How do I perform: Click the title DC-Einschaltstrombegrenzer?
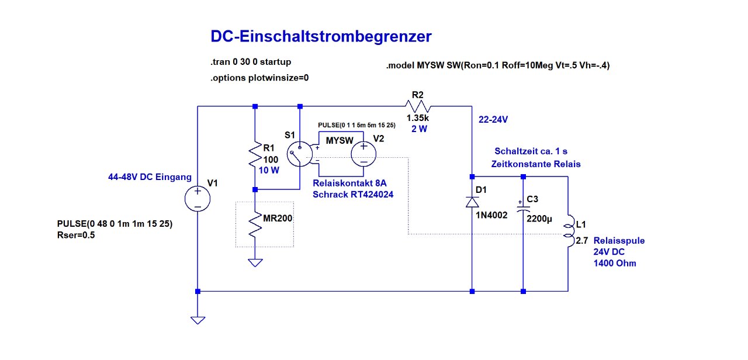pyautogui.click(x=321, y=37)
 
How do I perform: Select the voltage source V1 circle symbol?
pyautogui.click(x=198, y=199)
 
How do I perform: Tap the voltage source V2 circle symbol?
pyautogui.click(x=363, y=154)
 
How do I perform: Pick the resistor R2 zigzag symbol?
pyautogui.click(x=419, y=106)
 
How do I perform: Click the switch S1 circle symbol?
pyautogui.click(x=300, y=155)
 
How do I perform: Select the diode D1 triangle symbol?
pyautogui.click(x=472, y=202)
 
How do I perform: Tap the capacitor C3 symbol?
pyautogui.click(x=523, y=207)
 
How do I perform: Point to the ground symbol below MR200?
pyautogui.click(x=255, y=262)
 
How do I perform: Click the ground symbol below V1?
pyautogui.click(x=198, y=320)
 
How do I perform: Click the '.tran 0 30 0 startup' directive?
pyautogui.click(x=251, y=61)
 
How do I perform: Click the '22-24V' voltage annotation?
pyautogui.click(x=494, y=119)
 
